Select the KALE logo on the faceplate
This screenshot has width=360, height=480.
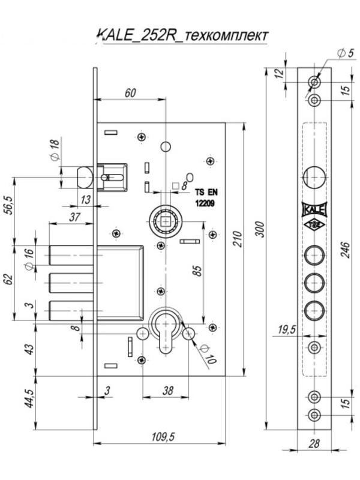click(314, 209)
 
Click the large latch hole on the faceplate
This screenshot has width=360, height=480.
click(315, 178)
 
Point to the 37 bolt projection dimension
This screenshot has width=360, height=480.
click(75, 217)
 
